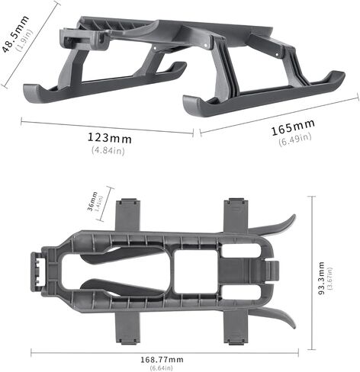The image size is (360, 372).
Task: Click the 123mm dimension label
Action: (109, 139)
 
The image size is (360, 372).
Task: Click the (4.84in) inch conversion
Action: (108, 150)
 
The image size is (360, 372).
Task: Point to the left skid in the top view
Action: (99, 84)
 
